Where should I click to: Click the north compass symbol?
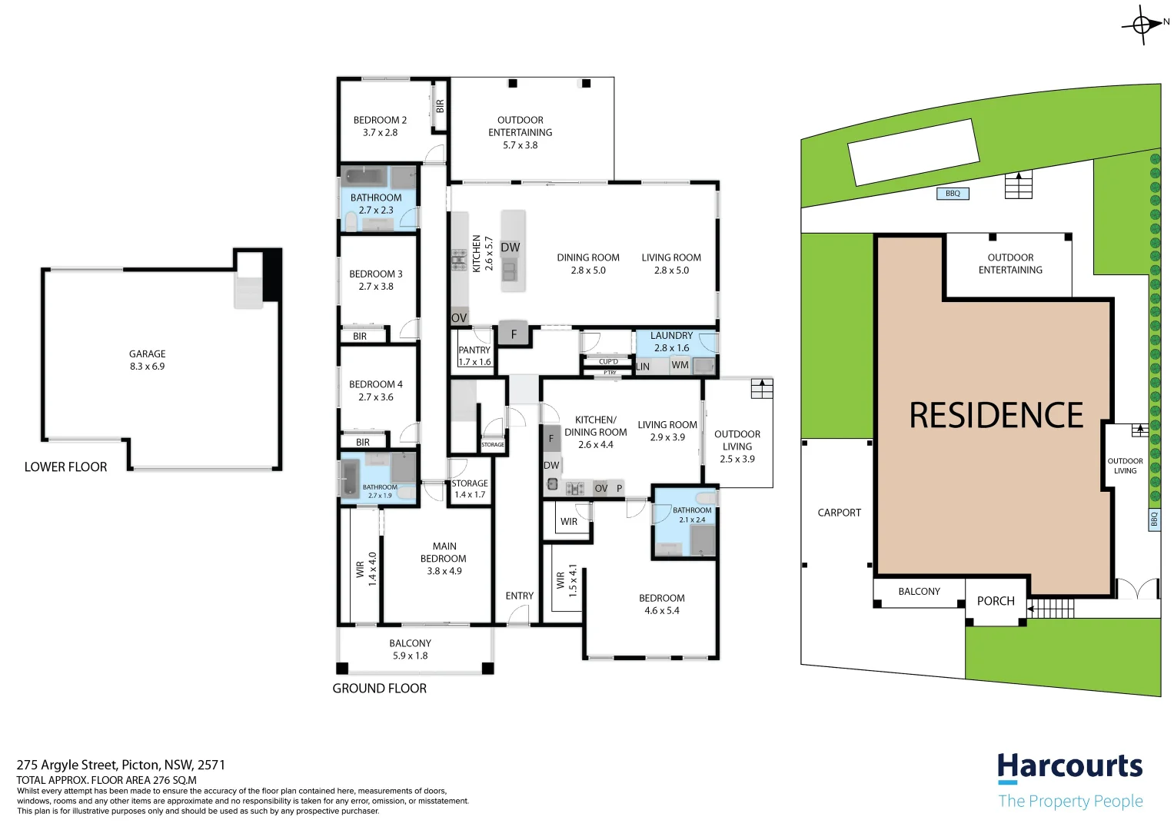(x=1142, y=25)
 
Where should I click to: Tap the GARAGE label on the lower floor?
(x=147, y=354)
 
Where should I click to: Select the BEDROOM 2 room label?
(x=380, y=120)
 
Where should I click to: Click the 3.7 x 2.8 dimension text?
(x=380, y=133)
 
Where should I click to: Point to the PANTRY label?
(x=474, y=350)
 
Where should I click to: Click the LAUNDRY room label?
(x=671, y=336)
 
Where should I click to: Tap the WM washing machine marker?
(x=680, y=365)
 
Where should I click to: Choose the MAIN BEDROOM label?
(x=444, y=553)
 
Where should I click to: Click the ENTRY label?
(x=520, y=596)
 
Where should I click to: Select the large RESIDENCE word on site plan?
(x=996, y=416)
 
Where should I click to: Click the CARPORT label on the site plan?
(x=839, y=513)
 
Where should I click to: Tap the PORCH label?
(x=996, y=601)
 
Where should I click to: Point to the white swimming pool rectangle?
(x=914, y=152)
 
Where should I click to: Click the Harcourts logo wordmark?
(x=1069, y=767)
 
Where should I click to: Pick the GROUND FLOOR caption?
(x=379, y=689)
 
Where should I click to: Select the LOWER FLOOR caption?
(x=65, y=467)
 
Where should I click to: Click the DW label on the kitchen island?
(x=511, y=247)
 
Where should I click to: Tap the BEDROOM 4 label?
(x=375, y=384)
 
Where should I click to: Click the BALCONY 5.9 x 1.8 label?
(x=410, y=649)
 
